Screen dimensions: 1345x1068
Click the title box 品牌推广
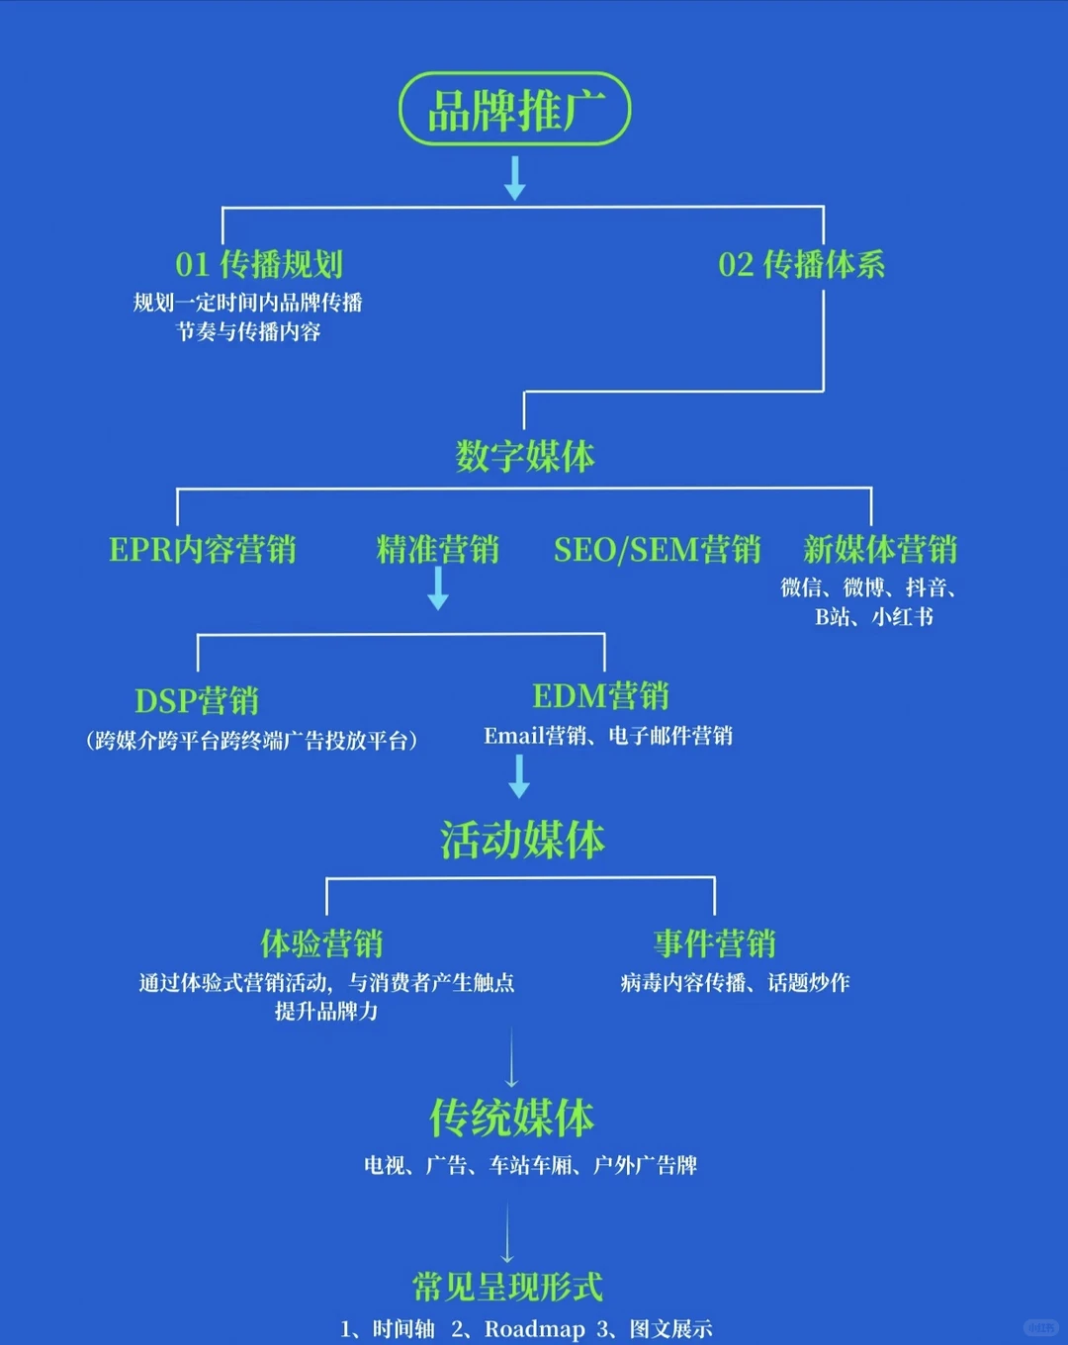(x=514, y=110)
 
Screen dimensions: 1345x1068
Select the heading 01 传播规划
(x=259, y=264)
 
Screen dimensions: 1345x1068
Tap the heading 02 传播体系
(x=801, y=264)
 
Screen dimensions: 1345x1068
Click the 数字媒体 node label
(x=524, y=456)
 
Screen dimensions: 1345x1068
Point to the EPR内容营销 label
(x=203, y=550)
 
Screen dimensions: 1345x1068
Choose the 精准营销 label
(x=437, y=550)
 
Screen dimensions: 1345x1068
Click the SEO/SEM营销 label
(x=657, y=550)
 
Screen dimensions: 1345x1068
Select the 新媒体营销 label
(x=879, y=550)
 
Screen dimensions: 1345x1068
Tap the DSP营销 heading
(x=197, y=701)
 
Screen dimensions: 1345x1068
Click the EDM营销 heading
(x=600, y=696)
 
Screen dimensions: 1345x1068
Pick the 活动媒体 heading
(x=522, y=840)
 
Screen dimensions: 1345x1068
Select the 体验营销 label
(x=321, y=943)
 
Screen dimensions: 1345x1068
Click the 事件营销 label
(x=714, y=943)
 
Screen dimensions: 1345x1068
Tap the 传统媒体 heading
(x=511, y=1119)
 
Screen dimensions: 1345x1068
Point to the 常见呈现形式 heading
(x=507, y=1287)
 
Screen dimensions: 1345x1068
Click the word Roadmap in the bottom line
(x=534, y=1329)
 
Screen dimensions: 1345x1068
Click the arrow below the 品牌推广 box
(x=514, y=178)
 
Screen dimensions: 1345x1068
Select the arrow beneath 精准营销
(x=438, y=589)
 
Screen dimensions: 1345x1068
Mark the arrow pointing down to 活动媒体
(x=519, y=776)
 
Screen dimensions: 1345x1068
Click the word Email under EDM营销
(x=513, y=736)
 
